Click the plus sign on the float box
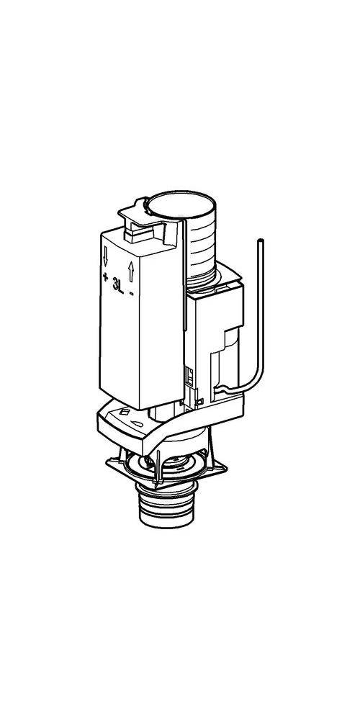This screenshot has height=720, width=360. (x=106, y=277)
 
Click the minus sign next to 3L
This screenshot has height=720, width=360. (x=132, y=293)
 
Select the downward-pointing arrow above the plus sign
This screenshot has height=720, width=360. (x=105, y=256)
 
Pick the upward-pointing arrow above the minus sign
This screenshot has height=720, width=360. (x=131, y=271)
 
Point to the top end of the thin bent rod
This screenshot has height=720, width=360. (x=261, y=240)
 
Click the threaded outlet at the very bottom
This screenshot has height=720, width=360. (x=166, y=508)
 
